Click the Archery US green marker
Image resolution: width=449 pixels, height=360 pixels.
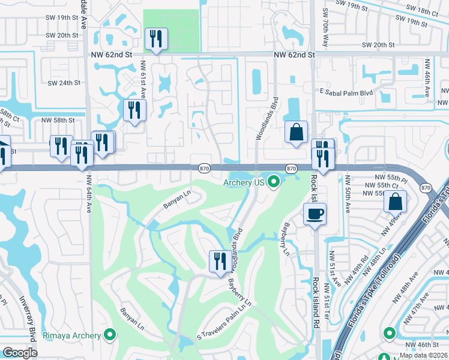274,181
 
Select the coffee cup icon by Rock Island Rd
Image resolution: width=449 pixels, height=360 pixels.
314,214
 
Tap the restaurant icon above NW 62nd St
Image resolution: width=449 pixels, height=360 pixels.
156,39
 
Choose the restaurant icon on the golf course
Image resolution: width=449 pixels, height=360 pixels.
217,260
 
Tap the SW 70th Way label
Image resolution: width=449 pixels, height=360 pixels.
325,20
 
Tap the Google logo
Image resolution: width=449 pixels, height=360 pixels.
20,353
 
